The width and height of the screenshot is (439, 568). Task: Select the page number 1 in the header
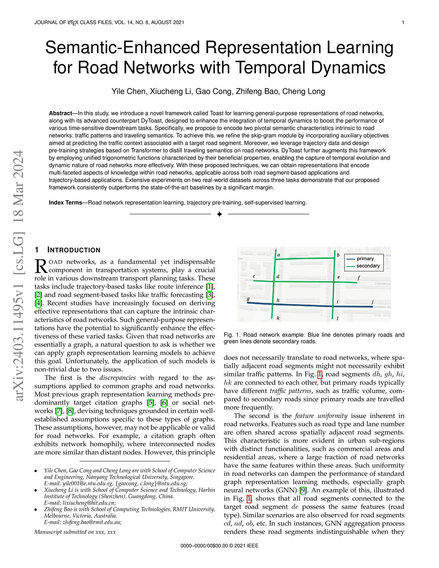pyautogui.click(x=403, y=22)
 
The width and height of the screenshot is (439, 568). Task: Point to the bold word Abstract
pyautogui.click(x=60, y=113)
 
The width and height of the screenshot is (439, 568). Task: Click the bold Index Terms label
pyautogui.click(x=65, y=202)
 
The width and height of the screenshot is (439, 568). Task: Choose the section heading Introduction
pyautogui.click(x=73, y=250)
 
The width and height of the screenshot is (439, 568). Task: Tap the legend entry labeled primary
pyautogui.click(x=365, y=258)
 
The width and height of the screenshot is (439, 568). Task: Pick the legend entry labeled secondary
pyautogui.click(x=368, y=266)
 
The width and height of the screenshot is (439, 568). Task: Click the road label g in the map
pyautogui.click(x=248, y=298)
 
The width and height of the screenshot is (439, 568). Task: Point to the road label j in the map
pyautogui.click(x=373, y=301)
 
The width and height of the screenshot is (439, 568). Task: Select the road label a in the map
pyautogui.click(x=279, y=255)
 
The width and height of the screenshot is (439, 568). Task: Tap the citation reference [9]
pyautogui.click(x=303, y=490)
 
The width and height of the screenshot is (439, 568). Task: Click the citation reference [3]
pyautogui.click(x=209, y=295)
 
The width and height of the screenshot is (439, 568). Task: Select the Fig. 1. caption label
pyautogui.click(x=232, y=335)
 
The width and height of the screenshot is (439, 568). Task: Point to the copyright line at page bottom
pyautogui.click(x=219, y=546)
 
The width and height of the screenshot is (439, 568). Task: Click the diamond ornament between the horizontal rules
pyautogui.click(x=219, y=214)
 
